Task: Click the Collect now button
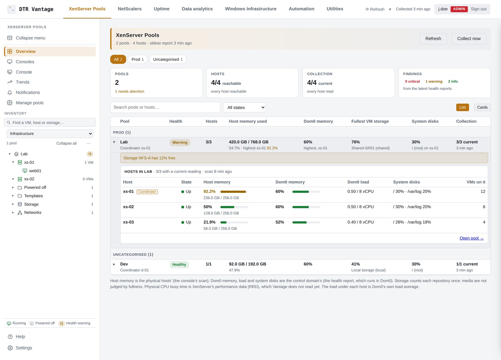[468, 39]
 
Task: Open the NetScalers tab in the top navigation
[130, 9]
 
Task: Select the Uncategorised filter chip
[168, 59]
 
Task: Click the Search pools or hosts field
[165, 107]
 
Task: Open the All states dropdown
[244, 108]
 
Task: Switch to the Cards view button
[482, 107]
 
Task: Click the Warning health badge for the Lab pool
[180, 142]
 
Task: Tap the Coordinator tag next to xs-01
[147, 192]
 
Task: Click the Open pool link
[472, 238]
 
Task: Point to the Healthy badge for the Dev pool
[179, 265]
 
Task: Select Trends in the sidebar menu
[22, 82]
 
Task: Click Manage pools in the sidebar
[29, 103]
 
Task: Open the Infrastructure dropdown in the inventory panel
[50, 134]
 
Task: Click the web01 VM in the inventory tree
[35, 171]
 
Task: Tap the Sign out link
[478, 9]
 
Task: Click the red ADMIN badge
[459, 9]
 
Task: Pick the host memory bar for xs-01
[234, 192]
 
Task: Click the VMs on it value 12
[483, 192]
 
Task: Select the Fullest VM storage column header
[370, 121]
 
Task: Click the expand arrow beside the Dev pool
[114, 264]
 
